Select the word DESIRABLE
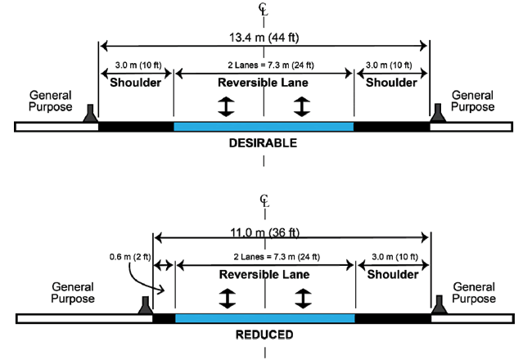coord(263,143)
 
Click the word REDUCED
coord(264,335)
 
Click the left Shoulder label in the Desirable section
coord(136,82)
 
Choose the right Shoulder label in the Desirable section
coord(391,82)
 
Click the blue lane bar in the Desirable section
coord(264,126)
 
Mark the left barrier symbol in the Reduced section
coord(146,305)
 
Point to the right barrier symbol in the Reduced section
coord(439,305)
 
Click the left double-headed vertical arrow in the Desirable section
coord(223,106)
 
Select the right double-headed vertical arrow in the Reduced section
coord(304,299)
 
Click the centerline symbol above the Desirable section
coord(263,9)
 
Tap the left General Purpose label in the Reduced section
coord(72,292)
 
